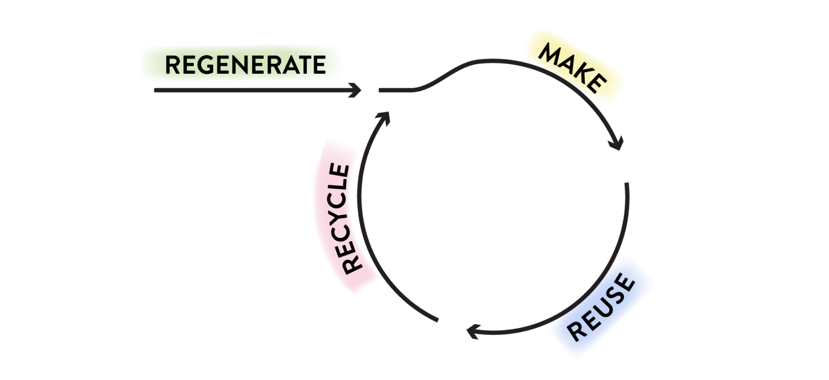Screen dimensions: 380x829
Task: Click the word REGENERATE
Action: pos(245,65)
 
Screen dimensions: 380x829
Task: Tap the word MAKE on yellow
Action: pos(572,67)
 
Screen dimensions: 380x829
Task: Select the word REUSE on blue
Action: pos(602,307)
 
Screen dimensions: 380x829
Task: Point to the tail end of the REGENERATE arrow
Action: pos(155,90)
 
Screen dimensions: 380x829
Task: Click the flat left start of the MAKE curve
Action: pos(380,90)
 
